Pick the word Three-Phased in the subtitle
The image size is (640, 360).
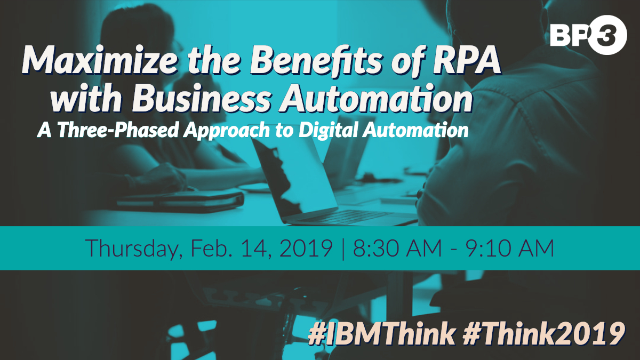pyautogui.click(x=118, y=130)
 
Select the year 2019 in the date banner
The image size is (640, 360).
pyautogui.click(x=306, y=247)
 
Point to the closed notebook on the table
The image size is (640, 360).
pyautogui.click(x=180, y=201)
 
